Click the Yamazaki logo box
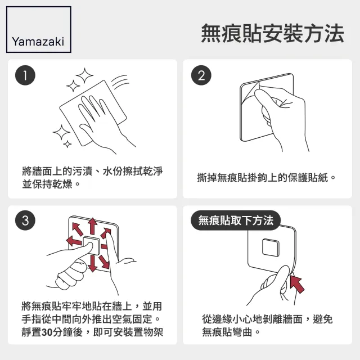38,30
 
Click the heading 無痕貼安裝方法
272,33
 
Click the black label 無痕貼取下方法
236,220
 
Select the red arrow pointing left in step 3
73,241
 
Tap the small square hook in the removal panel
272,248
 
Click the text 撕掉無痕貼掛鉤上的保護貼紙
266,177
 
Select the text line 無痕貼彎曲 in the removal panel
231,332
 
